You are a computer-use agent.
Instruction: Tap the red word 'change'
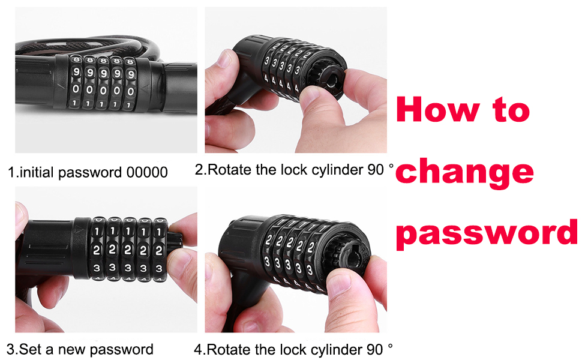(x=465, y=172)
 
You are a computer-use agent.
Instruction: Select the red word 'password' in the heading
(x=487, y=233)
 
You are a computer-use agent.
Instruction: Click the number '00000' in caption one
(x=147, y=173)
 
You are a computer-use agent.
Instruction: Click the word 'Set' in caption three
(x=30, y=349)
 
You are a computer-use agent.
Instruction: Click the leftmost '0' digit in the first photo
(x=76, y=89)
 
